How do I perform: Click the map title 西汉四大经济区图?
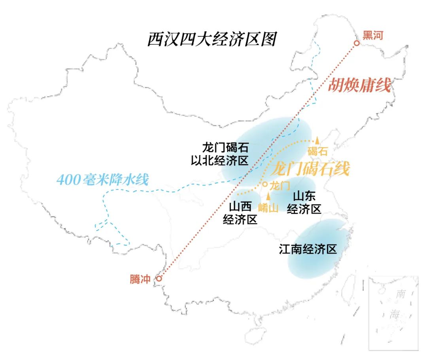tap(212, 40)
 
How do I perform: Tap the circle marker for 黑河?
tap(357, 43)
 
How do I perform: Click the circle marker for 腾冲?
tap(159, 279)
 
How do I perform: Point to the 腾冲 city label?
tap(140, 279)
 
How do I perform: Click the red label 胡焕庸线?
tap(359, 85)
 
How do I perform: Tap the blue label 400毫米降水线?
tap(102, 180)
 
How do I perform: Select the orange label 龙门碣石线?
tap(310, 169)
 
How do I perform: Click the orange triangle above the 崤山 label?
tap(269, 196)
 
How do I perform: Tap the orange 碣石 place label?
tap(317, 151)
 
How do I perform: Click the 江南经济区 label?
tap(308, 249)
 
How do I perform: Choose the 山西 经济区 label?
tap(240, 212)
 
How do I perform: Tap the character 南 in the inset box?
tap(401, 294)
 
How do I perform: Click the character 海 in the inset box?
tap(394, 315)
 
